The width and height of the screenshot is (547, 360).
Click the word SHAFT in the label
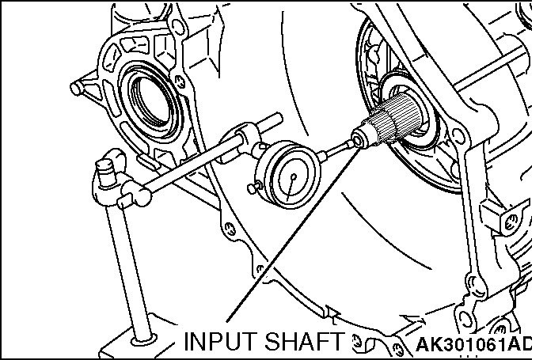point(304,341)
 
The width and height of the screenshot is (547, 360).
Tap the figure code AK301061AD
point(474,344)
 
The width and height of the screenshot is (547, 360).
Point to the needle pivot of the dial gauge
point(294,176)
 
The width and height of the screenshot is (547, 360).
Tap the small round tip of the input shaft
point(359,140)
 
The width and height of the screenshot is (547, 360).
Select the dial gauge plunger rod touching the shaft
point(336,149)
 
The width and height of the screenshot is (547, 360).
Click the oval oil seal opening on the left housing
point(150,101)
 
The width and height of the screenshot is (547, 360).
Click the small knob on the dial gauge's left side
point(253,188)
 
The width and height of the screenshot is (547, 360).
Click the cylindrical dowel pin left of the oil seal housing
point(82,85)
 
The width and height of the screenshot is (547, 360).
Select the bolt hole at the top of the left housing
point(179,27)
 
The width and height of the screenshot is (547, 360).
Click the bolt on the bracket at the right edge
point(511,222)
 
